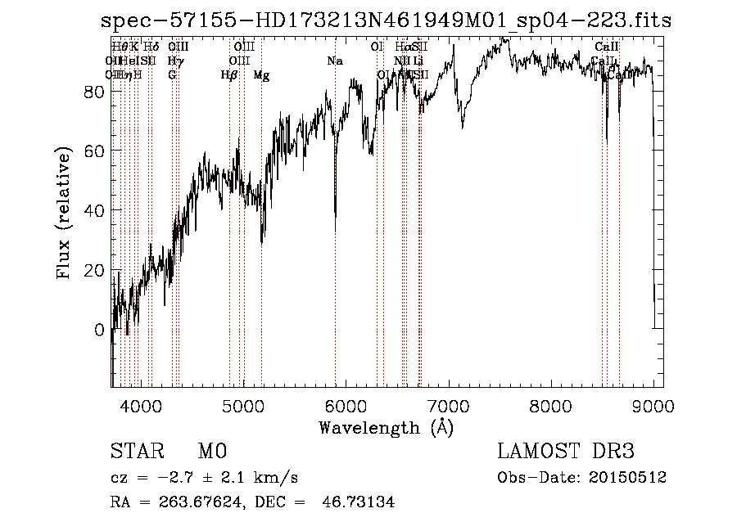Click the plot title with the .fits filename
381,20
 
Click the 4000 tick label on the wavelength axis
140,407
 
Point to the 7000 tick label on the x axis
448,407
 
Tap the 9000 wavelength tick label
653,407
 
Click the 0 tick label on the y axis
100,329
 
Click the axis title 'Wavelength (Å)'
386,427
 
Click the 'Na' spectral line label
334,61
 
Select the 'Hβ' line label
228,75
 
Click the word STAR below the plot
136,452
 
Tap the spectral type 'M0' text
211,452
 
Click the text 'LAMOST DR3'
565,452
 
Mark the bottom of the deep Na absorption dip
335,232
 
